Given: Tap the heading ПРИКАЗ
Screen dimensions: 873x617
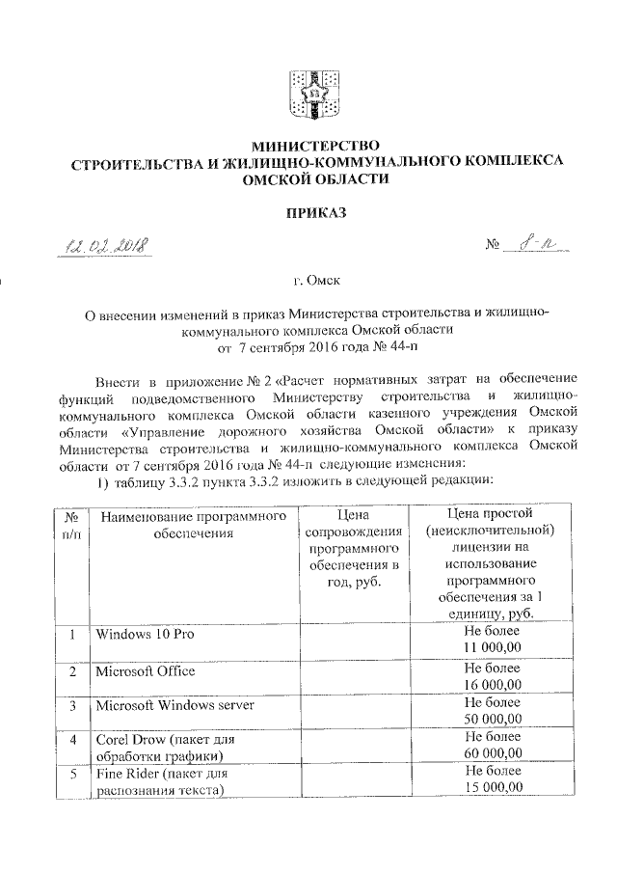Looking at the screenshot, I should (308, 210).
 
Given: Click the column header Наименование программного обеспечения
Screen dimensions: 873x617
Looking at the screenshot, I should (194, 526).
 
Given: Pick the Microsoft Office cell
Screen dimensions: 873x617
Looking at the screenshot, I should (145, 670).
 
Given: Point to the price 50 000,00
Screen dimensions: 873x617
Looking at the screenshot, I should (493, 718).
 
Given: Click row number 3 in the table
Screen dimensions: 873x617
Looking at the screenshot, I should (72, 706).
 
